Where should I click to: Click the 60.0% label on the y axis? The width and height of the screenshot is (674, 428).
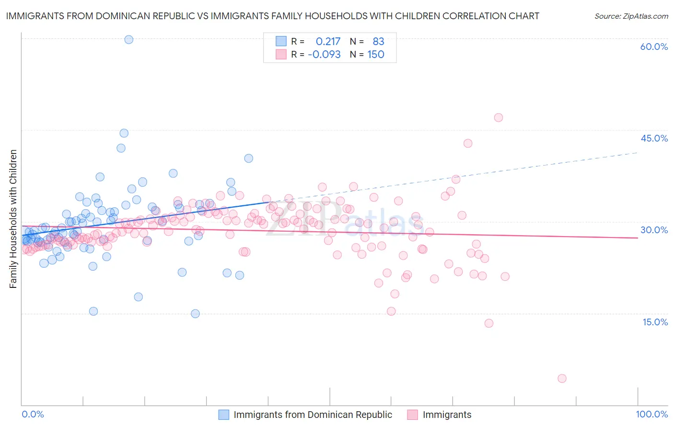(x=654, y=47)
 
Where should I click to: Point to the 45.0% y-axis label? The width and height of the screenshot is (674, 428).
(x=654, y=138)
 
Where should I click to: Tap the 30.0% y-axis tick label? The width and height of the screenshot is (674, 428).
(x=654, y=230)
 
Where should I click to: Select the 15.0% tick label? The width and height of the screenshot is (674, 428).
(x=655, y=321)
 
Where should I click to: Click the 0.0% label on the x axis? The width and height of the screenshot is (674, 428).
(x=33, y=414)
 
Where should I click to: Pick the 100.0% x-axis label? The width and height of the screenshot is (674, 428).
(x=651, y=414)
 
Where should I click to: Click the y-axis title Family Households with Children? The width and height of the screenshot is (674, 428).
(x=13, y=219)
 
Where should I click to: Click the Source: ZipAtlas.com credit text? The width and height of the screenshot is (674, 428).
(x=631, y=16)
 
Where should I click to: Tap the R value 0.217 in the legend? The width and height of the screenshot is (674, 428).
(x=328, y=41)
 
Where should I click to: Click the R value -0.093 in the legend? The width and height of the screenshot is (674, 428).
(x=324, y=54)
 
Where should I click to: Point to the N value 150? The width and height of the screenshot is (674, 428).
(x=376, y=54)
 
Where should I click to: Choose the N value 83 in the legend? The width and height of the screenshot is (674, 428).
(x=378, y=41)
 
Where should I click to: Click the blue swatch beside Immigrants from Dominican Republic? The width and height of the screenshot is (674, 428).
(x=223, y=415)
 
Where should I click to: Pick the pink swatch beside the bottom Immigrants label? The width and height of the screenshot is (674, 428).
(x=412, y=415)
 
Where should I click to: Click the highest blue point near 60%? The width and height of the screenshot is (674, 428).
(x=128, y=39)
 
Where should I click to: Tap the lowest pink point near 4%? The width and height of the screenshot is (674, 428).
(x=562, y=378)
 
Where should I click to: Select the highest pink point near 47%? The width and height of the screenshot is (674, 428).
(x=498, y=118)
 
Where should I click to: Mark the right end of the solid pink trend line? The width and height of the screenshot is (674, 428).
(x=638, y=238)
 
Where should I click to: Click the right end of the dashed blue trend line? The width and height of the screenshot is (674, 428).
(x=638, y=152)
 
